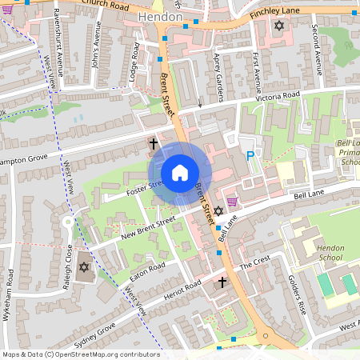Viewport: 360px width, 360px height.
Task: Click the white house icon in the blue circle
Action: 180,173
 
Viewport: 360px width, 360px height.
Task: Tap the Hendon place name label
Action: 161,16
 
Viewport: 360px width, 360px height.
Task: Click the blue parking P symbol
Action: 250,156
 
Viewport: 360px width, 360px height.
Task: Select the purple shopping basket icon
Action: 233,201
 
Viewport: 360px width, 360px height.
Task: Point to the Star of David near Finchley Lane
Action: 278,26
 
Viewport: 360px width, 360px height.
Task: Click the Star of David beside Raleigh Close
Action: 84,267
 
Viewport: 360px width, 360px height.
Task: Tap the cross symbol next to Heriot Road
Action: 223,282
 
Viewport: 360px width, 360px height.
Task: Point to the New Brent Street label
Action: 147,228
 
